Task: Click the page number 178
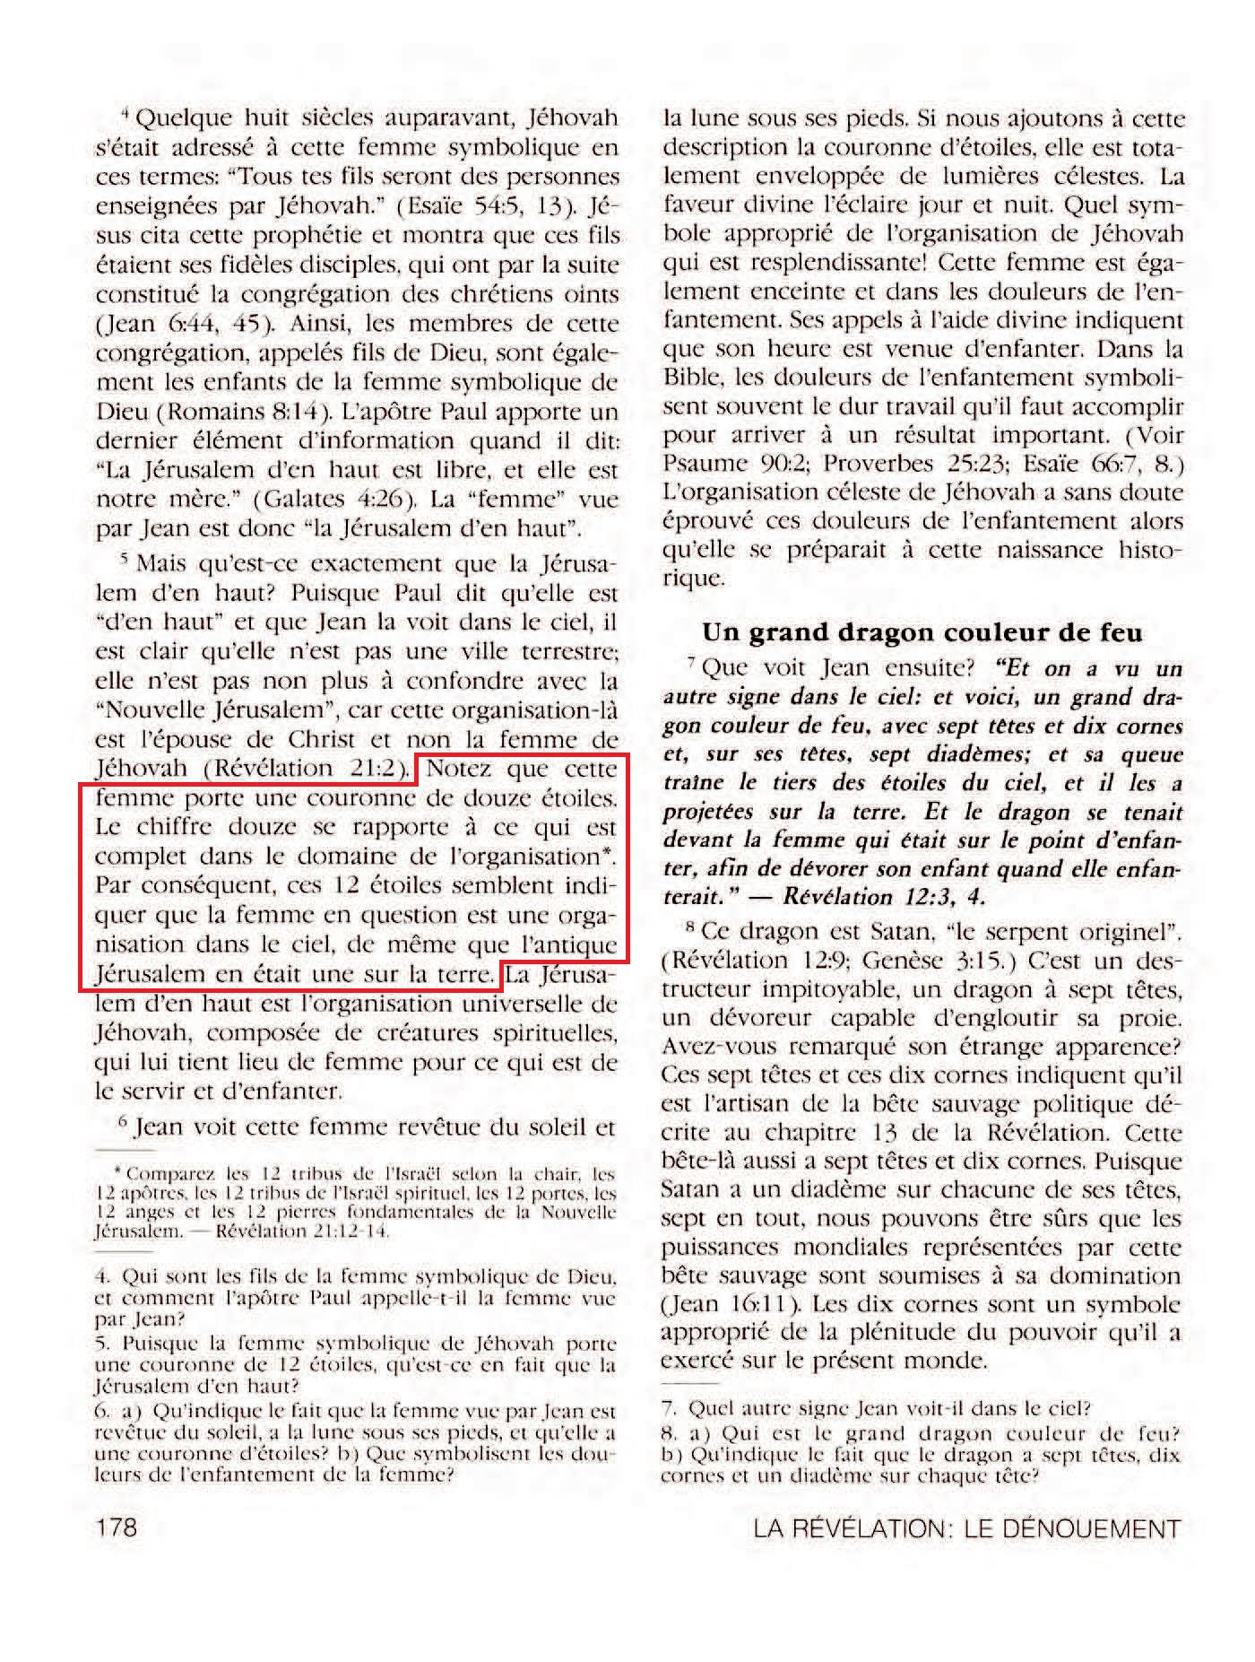(117, 1526)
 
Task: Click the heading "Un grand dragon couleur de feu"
(922, 632)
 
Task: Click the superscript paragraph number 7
(690, 664)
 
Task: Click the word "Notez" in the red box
(460, 769)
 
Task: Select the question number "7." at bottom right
(669, 1408)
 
